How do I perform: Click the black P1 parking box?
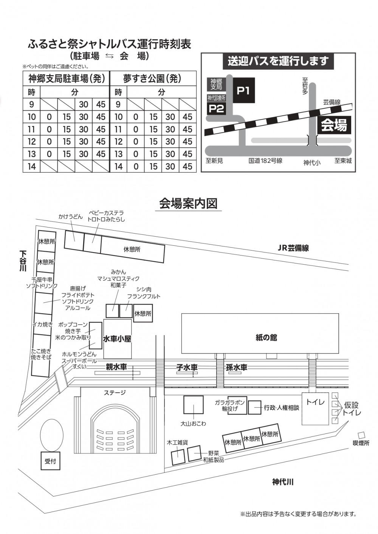coord(243,90)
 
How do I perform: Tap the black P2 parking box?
coord(217,108)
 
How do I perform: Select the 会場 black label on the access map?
coord(334,125)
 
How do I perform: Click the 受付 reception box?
coord(50,461)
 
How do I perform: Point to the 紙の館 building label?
coord(266,337)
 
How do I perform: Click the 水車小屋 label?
coord(117,339)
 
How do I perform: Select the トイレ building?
coord(315,408)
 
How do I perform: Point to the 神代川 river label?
coord(283,482)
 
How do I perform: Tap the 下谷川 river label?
coord(23,261)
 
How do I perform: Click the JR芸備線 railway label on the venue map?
coord(293,248)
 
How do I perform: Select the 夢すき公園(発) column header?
coord(152,79)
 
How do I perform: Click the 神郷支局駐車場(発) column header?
coord(67,79)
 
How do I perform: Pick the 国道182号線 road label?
coord(265,161)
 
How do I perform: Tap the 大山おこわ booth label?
coord(193,424)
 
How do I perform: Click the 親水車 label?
coord(116,367)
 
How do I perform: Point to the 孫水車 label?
coord(236,367)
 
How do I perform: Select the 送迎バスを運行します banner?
coord(278,61)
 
